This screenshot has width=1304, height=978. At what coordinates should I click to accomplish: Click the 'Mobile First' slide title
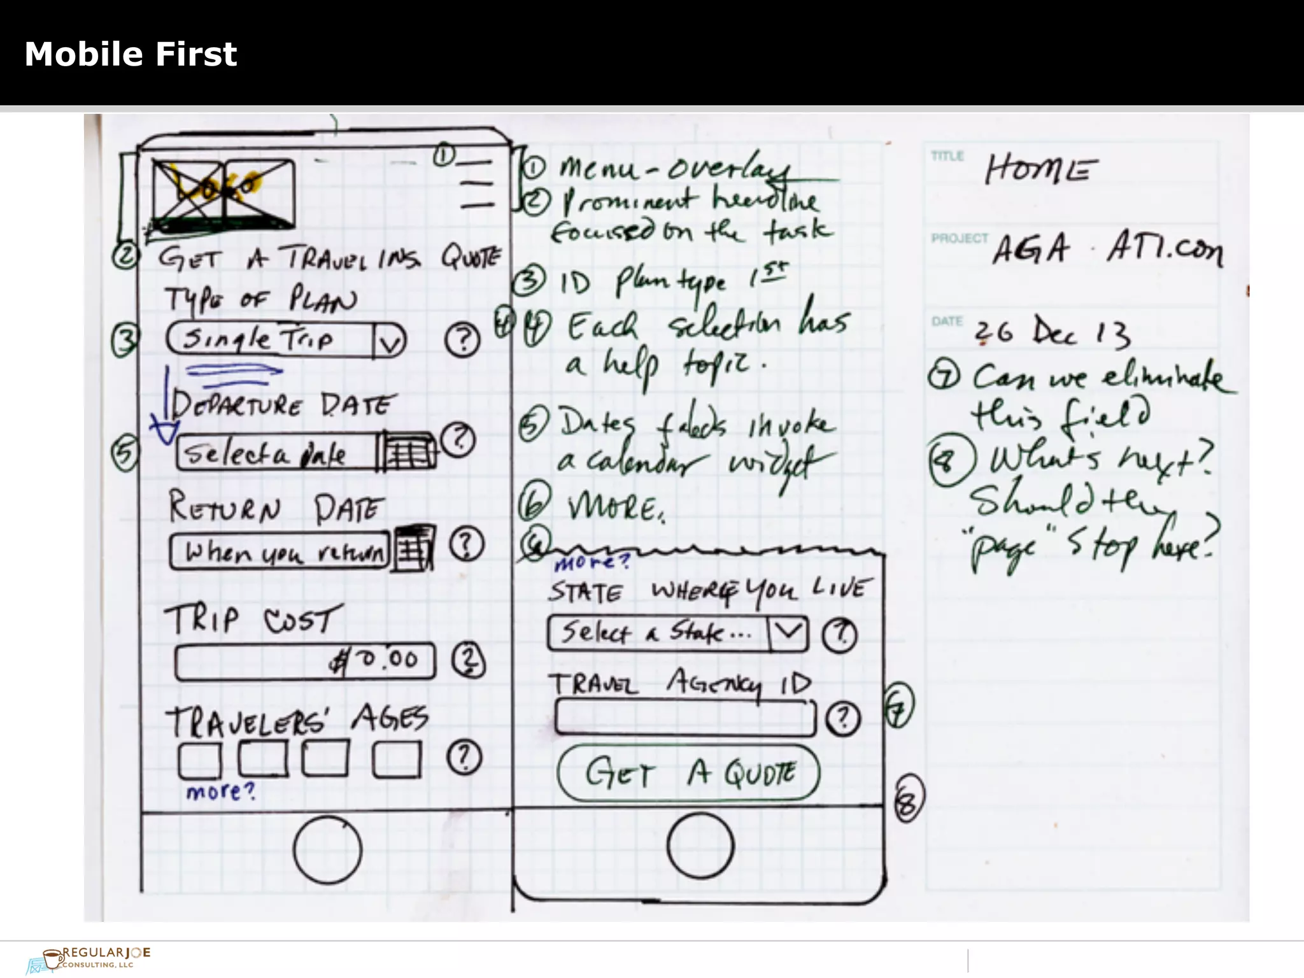131,54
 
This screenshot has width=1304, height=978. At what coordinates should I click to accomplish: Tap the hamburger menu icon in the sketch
477,185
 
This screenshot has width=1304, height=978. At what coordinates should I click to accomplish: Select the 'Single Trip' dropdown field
285,339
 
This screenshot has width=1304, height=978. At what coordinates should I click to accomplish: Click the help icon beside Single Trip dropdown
462,340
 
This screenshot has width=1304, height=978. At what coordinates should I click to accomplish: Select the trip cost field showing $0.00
305,661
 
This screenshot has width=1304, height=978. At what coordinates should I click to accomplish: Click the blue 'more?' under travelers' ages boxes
220,791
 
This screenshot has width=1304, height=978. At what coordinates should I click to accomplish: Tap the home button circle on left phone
327,849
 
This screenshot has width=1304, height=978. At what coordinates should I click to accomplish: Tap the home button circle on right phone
700,846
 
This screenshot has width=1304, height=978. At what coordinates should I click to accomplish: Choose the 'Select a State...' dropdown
677,633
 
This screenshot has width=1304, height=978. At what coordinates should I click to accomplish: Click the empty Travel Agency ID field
684,718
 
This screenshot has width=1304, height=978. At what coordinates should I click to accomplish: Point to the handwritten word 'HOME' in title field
1040,169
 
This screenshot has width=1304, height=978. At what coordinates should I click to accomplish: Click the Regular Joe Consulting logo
89,958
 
